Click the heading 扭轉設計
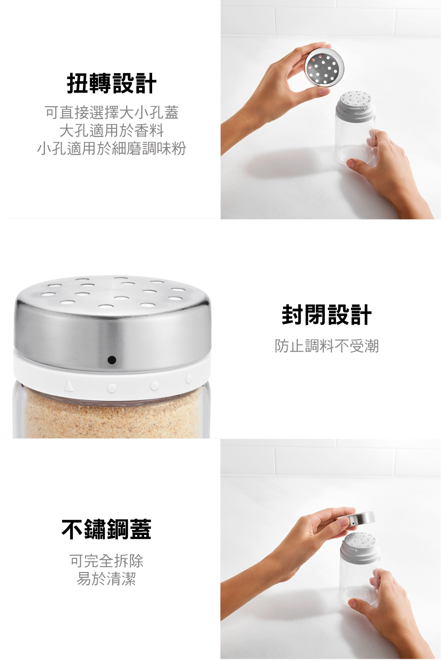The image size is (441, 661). [112, 84]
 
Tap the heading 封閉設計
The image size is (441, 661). [327, 315]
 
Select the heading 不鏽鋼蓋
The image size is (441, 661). [106, 530]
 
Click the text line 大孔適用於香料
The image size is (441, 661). [112, 130]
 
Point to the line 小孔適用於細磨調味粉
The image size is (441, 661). [112, 149]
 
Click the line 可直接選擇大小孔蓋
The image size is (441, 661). [112, 112]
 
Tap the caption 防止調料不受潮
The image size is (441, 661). [327, 346]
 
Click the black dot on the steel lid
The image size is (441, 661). [112, 360]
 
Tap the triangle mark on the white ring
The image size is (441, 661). [68, 385]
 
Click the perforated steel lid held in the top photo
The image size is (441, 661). [324, 67]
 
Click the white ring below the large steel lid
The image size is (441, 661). [112, 381]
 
